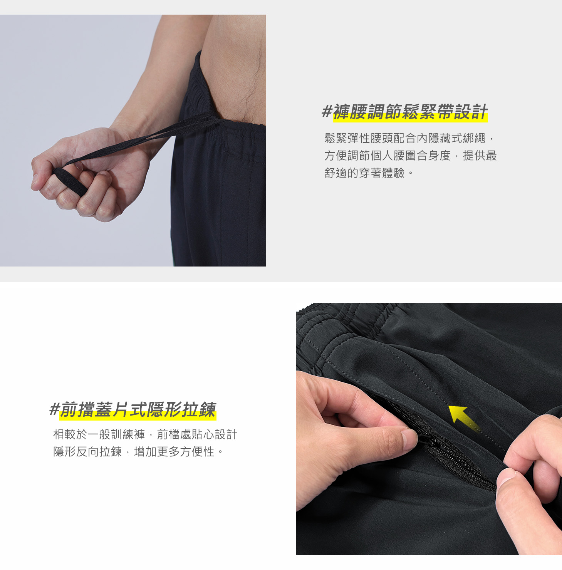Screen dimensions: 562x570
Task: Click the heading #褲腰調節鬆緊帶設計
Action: (405, 112)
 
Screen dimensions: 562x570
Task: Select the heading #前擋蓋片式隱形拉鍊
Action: (133, 409)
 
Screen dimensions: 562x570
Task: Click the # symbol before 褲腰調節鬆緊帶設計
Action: (327, 112)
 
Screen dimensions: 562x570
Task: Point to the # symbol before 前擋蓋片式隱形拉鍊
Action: (55, 409)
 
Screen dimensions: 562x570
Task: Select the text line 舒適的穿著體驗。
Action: (369, 173)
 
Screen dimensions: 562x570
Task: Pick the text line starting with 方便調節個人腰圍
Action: (411, 156)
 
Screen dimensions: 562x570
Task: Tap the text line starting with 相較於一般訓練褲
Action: (145, 434)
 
